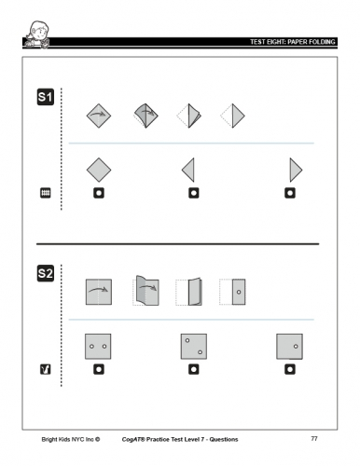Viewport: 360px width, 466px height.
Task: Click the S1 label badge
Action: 46,97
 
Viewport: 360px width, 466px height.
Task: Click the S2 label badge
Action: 46,273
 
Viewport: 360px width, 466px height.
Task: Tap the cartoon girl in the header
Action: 38,34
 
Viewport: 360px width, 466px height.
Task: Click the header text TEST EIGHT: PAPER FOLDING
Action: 293,42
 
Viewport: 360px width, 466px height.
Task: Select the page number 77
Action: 314,438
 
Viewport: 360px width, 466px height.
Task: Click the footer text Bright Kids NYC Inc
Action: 71,439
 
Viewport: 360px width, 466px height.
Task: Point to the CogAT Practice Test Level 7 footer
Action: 180,439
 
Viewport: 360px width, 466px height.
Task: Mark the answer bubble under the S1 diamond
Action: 99,193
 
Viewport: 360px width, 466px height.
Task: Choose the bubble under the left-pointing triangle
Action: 194,193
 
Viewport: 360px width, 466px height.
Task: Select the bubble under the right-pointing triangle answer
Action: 290,193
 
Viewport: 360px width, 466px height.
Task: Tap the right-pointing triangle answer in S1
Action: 295,170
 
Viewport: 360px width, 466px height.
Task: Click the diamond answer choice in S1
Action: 99,170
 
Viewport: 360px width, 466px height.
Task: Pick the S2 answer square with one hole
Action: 289,347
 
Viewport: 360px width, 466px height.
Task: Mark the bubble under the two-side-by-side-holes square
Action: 99,369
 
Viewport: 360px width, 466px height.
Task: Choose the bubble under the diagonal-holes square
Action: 194,369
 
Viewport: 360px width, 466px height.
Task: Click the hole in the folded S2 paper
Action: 239,292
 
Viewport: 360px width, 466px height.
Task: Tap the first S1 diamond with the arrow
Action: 99,116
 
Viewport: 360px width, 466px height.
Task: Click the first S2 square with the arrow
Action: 99,292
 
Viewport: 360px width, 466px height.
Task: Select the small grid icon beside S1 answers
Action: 46,193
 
